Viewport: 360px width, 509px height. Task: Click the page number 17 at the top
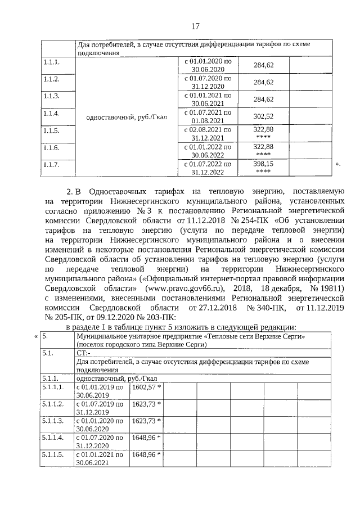[195, 26]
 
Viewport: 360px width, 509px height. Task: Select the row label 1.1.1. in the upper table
[51, 61]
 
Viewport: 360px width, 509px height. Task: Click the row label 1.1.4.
[51, 114]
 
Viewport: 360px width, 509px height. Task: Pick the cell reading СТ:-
[83, 353]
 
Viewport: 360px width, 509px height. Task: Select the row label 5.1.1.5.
[53, 454]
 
